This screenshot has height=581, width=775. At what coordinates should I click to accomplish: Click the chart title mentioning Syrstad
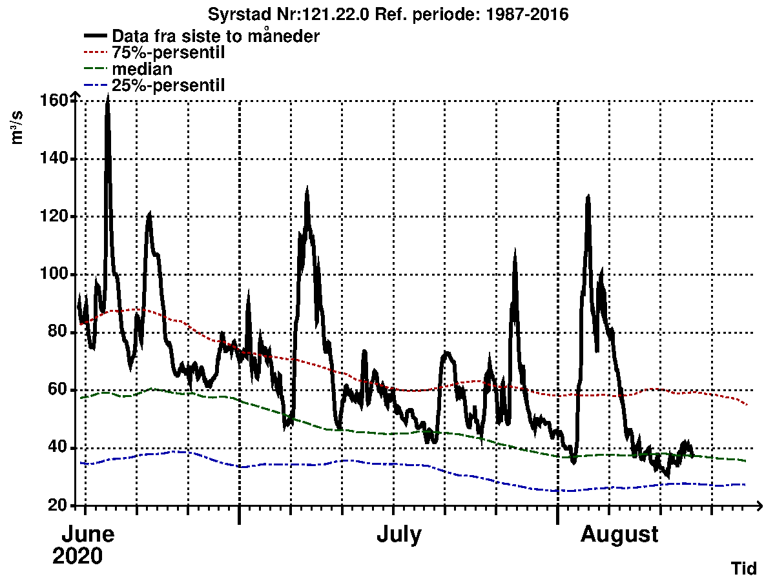[387, 14]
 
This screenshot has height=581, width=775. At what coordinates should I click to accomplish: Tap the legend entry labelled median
[142, 68]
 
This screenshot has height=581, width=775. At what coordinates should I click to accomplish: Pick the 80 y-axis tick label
[58, 332]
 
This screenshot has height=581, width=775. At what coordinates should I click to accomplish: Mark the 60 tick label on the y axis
[58, 390]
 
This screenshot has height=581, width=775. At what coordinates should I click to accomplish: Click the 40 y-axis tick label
[58, 448]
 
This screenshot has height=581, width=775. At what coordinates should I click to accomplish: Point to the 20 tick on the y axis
[58, 505]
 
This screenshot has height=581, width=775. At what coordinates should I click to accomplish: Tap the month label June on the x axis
[88, 535]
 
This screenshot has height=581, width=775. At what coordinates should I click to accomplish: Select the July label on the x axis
[399, 535]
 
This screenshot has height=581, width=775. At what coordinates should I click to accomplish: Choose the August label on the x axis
[619, 535]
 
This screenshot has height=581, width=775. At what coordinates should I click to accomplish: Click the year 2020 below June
[77, 556]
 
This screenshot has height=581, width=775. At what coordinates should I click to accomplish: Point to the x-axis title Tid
[743, 568]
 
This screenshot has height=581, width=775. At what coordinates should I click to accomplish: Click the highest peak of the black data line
[108, 97]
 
